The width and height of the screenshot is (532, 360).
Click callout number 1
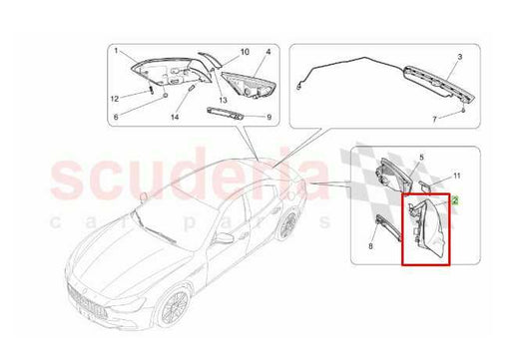(116, 51)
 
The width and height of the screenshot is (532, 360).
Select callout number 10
(245, 52)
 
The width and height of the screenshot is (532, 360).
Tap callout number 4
(268, 52)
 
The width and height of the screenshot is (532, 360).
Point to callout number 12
(115, 99)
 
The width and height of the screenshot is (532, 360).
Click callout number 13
(223, 100)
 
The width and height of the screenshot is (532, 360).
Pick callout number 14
(175, 117)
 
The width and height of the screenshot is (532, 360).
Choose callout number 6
(116, 117)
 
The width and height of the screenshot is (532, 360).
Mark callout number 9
(269, 118)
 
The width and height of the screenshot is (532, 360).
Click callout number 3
(460, 57)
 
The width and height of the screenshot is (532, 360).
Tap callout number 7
(434, 120)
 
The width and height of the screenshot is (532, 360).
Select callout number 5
(422, 158)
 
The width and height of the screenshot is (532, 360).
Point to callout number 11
(457, 176)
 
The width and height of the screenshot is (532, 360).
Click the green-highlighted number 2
(455, 200)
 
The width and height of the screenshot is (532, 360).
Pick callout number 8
(370, 246)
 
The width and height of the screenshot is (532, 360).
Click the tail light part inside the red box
(428, 228)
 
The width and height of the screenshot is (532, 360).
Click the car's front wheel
(175, 307)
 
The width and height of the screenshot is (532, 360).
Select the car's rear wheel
(288, 224)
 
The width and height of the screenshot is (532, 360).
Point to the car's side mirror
(224, 238)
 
